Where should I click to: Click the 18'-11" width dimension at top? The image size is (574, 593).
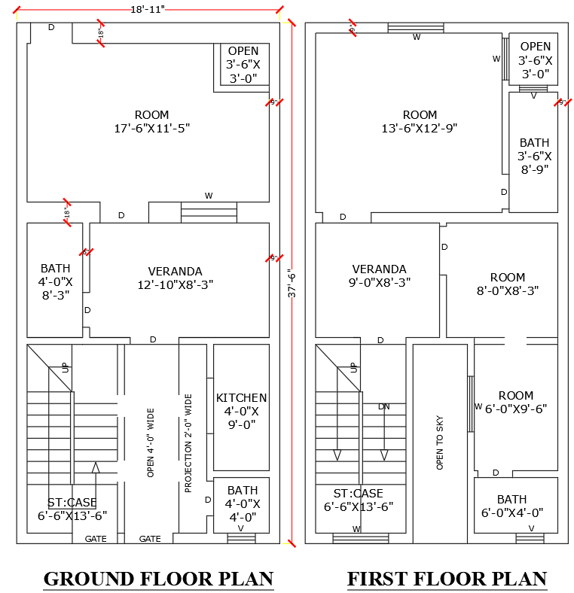(x=147, y=8)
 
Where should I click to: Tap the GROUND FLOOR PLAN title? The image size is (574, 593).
(x=158, y=579)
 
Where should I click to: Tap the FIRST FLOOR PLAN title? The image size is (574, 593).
(x=447, y=579)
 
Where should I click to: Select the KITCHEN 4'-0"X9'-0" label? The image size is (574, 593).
(x=241, y=411)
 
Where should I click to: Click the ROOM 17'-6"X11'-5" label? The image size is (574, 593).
(x=151, y=122)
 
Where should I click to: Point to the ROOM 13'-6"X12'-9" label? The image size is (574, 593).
(x=420, y=122)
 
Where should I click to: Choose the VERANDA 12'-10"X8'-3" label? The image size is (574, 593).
(x=175, y=278)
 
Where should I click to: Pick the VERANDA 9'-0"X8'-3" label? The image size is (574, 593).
(x=379, y=275)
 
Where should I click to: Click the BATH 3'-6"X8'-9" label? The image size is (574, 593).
(x=534, y=156)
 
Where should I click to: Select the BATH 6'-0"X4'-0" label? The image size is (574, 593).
(x=511, y=506)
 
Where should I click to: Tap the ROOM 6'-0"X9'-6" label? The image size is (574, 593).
(x=515, y=402)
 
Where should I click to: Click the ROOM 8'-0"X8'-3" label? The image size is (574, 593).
(x=507, y=284)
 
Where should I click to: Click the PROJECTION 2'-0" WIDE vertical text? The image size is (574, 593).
(x=188, y=443)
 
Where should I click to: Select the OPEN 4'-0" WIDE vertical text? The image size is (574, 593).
(x=151, y=443)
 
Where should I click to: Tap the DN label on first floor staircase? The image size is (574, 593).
(x=384, y=406)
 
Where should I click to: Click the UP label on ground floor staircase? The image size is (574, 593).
(x=66, y=368)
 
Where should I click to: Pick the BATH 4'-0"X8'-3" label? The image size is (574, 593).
(x=56, y=281)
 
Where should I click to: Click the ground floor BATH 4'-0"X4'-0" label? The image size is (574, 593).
(x=242, y=503)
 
